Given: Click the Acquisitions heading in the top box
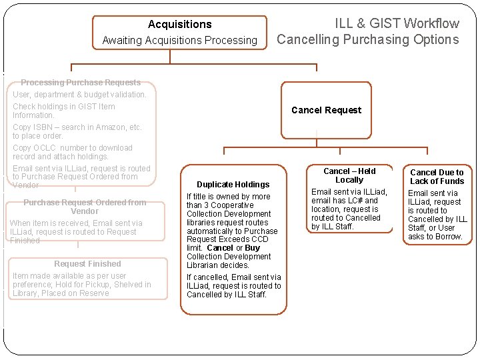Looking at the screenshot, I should pos(179,25).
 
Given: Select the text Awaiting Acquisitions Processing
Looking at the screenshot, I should pos(179,41).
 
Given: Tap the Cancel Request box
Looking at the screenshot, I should pos(326,110).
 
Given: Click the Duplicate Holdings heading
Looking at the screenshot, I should pos(233,185).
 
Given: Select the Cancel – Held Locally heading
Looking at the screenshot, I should pos(349,175).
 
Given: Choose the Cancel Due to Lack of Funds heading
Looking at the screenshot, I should pos(437,177).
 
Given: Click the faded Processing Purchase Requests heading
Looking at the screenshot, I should pos(81,83).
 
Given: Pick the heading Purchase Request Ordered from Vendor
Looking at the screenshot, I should pos(84,207).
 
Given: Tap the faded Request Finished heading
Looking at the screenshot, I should pos(87,264).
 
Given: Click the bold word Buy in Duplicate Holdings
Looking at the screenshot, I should pos(253,248).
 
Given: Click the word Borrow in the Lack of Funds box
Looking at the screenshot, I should pos(447,237).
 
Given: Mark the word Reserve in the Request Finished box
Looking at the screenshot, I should pos(95,293).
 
